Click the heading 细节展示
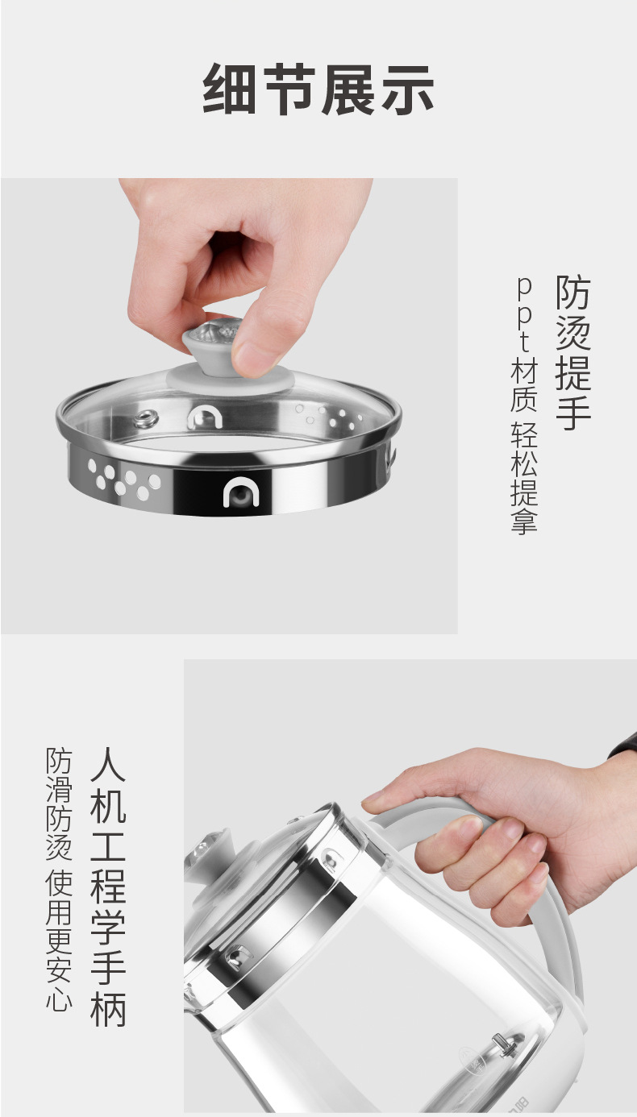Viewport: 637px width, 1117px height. pos(318,89)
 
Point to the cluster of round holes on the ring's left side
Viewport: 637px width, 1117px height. pos(123,478)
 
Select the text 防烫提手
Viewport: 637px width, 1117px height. pos(573,352)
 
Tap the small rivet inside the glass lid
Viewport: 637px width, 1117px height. pos(146,417)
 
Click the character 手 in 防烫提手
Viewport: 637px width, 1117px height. pos(573,411)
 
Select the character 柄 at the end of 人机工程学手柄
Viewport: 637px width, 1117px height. pos(108,1007)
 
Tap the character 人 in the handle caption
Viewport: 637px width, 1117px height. pos(108,767)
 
